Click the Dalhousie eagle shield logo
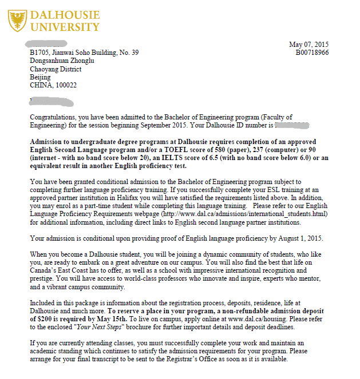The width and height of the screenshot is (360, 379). [17, 19]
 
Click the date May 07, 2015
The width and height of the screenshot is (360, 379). [308, 45]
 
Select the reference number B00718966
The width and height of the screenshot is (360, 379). [312, 53]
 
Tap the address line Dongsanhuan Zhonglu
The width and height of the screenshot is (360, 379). [62, 61]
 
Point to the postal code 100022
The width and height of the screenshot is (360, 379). [64, 85]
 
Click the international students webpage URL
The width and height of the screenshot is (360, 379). [248, 213]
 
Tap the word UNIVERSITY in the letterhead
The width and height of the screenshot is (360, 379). [64, 26]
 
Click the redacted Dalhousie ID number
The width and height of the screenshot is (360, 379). [292, 124]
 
